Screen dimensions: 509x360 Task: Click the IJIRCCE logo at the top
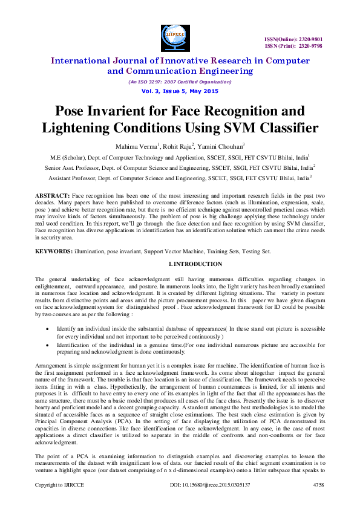(171, 35)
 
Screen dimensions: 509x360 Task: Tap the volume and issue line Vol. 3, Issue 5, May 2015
(180, 90)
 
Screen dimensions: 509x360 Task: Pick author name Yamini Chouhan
(223, 146)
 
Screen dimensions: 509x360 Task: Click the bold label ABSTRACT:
(52, 197)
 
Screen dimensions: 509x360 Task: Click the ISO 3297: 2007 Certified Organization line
(180, 82)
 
